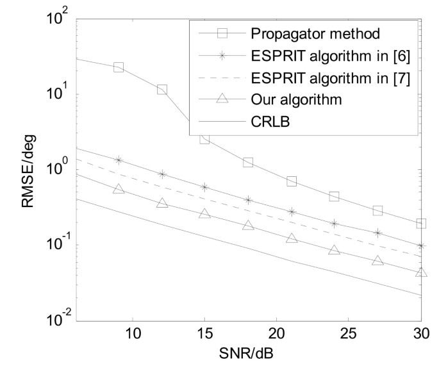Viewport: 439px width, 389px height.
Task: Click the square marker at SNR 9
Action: coord(119,67)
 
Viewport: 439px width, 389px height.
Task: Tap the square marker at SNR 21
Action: coord(292,181)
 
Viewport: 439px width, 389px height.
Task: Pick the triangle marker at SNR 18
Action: coord(248,225)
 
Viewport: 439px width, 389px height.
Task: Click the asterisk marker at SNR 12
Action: coord(162,174)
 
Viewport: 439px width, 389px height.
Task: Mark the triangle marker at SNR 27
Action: coord(377,260)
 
